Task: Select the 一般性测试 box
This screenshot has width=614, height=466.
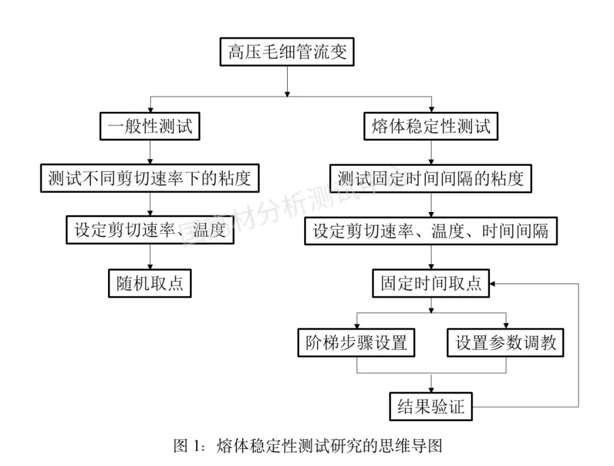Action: coord(150,126)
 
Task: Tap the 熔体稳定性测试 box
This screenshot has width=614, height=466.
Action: coord(431,126)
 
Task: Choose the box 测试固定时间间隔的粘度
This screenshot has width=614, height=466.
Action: coord(430,178)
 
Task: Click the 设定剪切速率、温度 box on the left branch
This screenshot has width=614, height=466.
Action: coord(150,230)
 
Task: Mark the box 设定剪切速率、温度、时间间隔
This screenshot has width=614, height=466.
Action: coord(430,231)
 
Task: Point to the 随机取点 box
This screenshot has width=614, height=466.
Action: coord(150,282)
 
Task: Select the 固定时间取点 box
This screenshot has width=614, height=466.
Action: coord(430,282)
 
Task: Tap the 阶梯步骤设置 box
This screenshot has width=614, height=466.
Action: coord(356,343)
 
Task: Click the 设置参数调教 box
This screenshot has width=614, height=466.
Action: coord(505,343)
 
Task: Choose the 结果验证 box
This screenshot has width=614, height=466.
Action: coord(430,406)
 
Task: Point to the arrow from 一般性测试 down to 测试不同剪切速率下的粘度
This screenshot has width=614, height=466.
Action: coord(150,152)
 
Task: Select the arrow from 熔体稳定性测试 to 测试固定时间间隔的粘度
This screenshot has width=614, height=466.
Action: coord(431,152)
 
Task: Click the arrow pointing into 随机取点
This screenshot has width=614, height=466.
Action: coord(150,257)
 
